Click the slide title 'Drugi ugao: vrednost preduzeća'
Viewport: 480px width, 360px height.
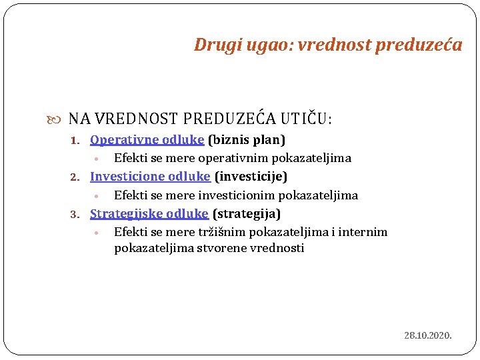(327, 45)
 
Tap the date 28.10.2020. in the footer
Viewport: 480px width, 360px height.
(428, 335)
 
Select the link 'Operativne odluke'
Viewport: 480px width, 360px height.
(147, 140)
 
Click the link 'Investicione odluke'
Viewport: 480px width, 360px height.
(150, 177)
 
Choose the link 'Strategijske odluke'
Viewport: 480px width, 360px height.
(149, 214)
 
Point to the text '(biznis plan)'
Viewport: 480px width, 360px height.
(247, 140)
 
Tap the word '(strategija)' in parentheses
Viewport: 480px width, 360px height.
(247, 214)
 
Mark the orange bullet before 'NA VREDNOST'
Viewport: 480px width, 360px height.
(55, 120)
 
